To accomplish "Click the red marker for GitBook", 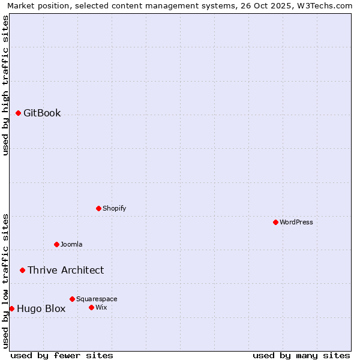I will click(18, 113).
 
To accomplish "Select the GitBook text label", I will click(42, 113).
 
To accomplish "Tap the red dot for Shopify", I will click(98, 208).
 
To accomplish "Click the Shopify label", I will click(114, 208).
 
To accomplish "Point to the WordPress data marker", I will click(275, 222).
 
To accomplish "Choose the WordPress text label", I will click(296, 222).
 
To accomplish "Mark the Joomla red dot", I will click(56, 244).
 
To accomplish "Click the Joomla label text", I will click(71, 244).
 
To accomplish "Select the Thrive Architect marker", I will click(22, 270).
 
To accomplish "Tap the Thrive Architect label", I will click(65, 270).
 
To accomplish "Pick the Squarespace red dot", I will click(72, 299).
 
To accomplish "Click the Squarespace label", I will click(97, 299).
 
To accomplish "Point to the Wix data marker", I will click(91, 307).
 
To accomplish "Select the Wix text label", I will click(101, 307).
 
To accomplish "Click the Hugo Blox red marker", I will click(11, 308).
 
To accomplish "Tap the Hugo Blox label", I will click(41, 309).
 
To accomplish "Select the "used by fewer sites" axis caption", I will click(61, 355).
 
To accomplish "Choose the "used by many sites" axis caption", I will click(301, 355).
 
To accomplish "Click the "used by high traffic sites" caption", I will click(5, 85).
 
